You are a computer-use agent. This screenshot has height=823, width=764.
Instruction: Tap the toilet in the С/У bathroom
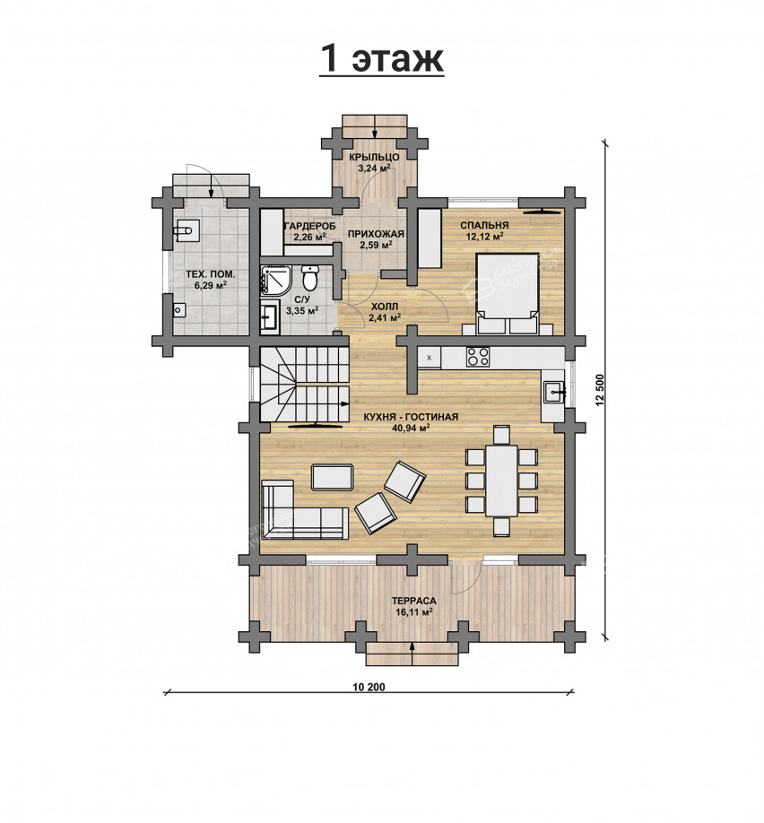tap(309, 277)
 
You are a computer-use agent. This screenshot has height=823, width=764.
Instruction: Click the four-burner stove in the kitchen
tap(478, 357)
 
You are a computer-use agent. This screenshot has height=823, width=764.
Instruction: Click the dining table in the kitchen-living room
tap(501, 481)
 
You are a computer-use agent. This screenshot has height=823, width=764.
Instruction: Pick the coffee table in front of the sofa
tap(333, 477)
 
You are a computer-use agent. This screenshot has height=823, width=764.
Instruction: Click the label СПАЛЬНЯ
tap(484, 225)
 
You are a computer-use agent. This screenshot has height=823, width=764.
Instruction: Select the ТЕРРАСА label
tap(413, 601)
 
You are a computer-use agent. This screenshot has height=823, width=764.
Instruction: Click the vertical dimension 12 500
tap(600, 389)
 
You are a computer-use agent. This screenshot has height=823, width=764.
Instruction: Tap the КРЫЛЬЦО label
tap(374, 158)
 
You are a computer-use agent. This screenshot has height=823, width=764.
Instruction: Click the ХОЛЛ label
tap(385, 306)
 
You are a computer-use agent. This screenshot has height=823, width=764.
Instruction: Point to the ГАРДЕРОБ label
tap(309, 226)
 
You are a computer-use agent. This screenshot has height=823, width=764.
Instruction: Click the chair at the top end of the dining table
tap(501, 436)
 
